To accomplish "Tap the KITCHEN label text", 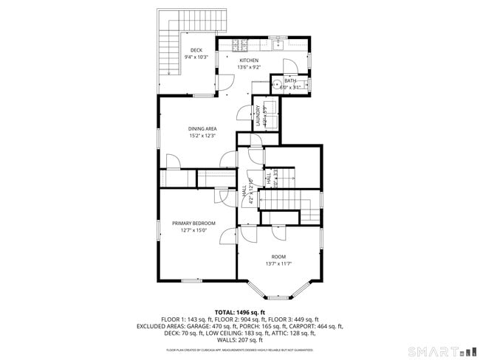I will point(248,60).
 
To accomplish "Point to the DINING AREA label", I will point(202,129).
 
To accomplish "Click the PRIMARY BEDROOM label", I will point(193,223).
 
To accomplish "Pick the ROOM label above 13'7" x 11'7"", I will point(278,257).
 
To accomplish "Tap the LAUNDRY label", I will point(258,117).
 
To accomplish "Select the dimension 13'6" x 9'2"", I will point(248,67).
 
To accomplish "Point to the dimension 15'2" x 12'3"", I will point(202,136).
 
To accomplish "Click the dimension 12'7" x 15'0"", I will point(193,229).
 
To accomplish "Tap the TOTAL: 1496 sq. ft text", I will point(240,312).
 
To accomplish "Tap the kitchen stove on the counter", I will point(243,44).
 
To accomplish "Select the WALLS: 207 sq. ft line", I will point(240,340).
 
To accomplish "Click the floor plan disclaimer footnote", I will point(240,350).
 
